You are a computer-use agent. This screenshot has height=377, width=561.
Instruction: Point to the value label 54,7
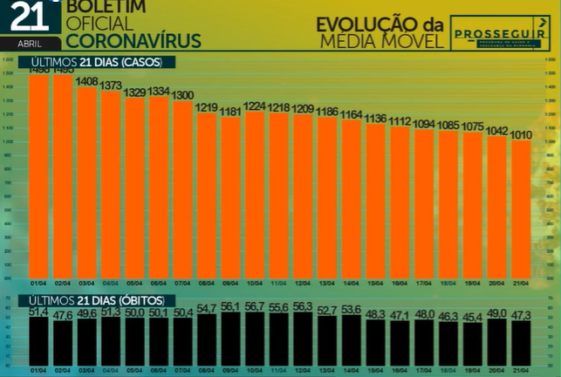207,309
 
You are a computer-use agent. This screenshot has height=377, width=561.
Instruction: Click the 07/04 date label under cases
183,282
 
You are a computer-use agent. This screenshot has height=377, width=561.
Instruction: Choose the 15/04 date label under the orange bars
375,282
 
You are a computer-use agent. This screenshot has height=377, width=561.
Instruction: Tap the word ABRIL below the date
30,42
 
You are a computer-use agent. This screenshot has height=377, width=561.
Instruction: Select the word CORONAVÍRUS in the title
133,40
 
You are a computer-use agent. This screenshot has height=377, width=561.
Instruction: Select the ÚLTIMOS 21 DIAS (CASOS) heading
102,63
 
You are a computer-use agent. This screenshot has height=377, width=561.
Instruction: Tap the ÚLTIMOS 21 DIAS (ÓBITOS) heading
103,300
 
